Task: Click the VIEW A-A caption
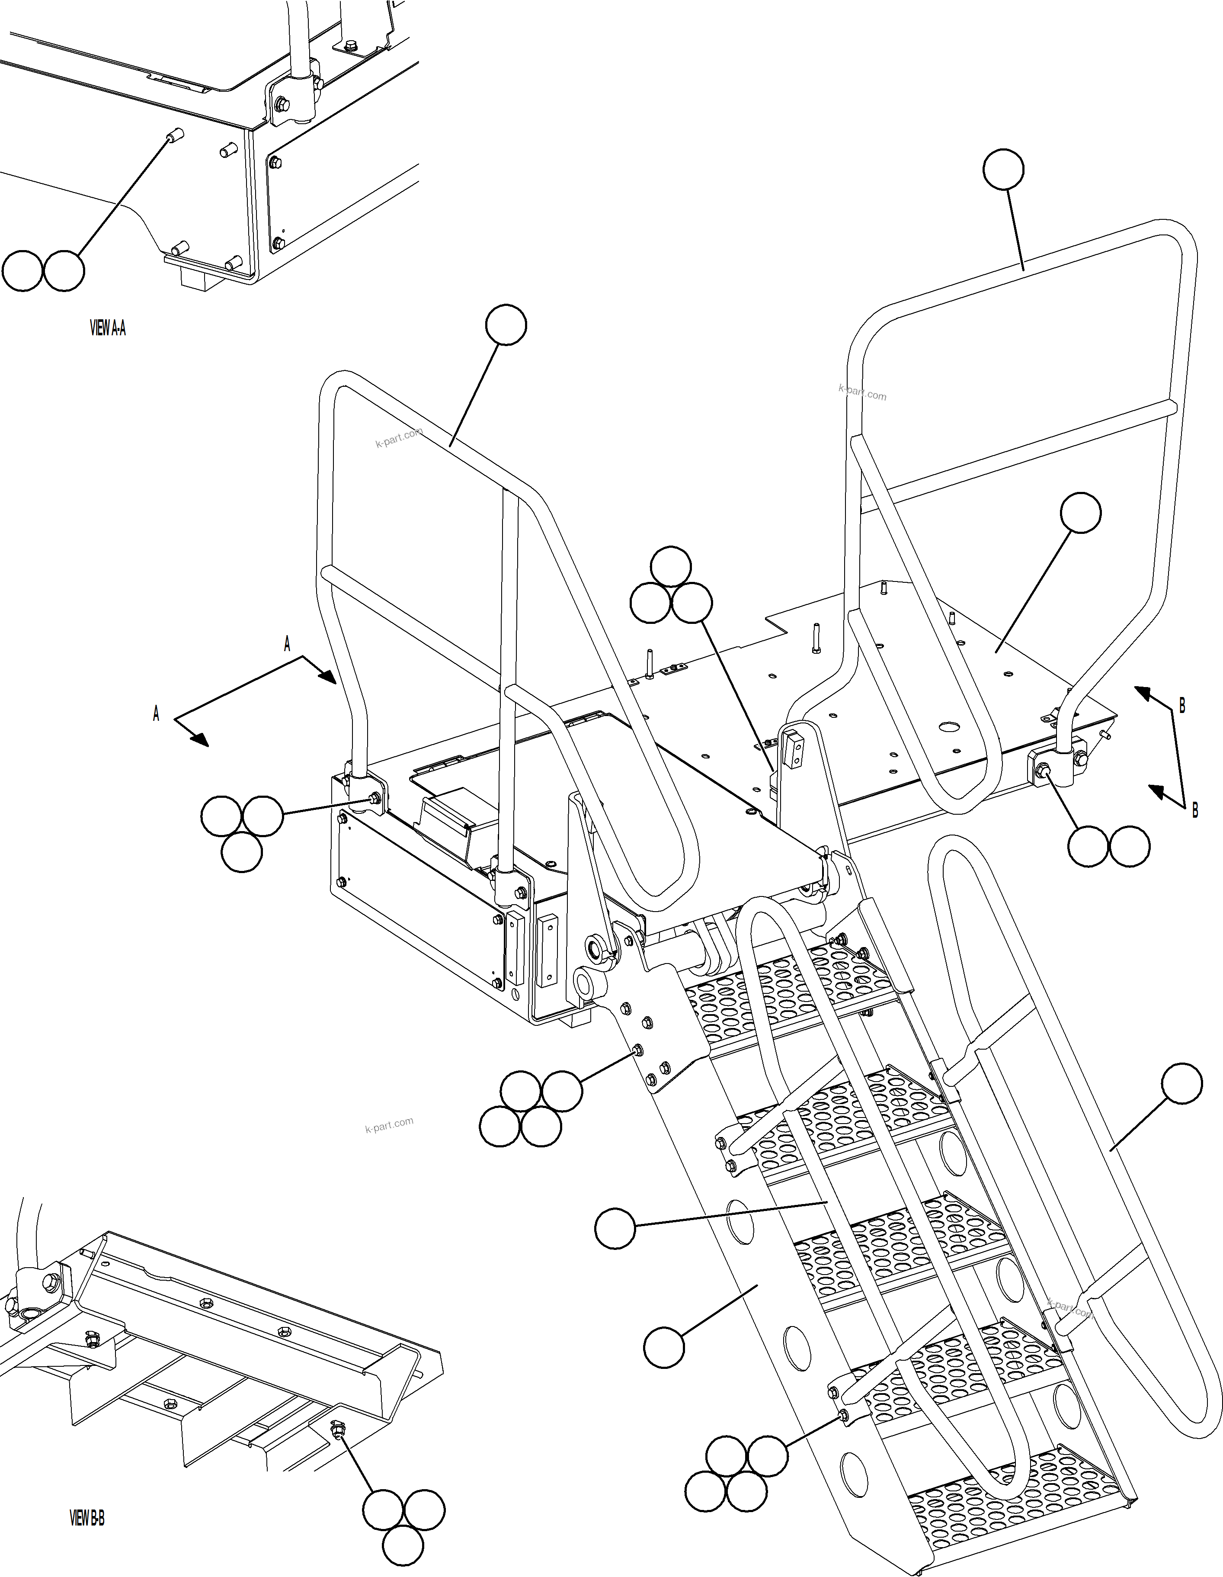(x=108, y=328)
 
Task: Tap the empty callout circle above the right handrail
(x=1003, y=170)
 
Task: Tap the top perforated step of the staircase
(x=780, y=989)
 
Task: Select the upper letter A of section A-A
(x=287, y=644)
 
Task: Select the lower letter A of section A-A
(x=156, y=714)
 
